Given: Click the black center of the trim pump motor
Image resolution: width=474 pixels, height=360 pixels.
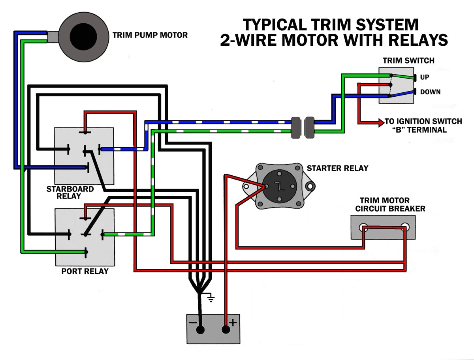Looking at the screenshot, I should click(x=83, y=36).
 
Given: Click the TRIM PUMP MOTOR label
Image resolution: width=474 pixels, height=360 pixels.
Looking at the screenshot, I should click(x=150, y=35).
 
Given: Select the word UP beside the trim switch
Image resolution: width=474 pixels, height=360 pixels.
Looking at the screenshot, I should click(x=425, y=77).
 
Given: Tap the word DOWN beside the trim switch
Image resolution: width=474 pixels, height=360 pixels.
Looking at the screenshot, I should click(x=430, y=92).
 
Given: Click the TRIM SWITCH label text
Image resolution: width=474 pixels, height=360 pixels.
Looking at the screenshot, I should click(x=408, y=60).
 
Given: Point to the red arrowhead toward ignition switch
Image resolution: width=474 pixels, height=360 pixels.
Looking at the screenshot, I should click(x=381, y=123).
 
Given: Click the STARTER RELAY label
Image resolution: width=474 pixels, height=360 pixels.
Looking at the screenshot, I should click(x=337, y=168).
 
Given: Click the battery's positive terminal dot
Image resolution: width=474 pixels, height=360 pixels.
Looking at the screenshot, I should click(x=226, y=330).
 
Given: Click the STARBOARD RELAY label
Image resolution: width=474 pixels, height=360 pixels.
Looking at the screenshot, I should click(x=70, y=192).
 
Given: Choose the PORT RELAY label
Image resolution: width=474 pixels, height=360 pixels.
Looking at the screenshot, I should click(x=85, y=272).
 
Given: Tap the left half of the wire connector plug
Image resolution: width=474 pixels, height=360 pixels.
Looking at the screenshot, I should click(x=296, y=127).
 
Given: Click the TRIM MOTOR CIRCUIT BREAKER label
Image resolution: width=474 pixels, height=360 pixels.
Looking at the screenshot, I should click(x=390, y=204).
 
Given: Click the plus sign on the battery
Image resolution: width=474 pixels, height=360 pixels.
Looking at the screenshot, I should click(x=233, y=322).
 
